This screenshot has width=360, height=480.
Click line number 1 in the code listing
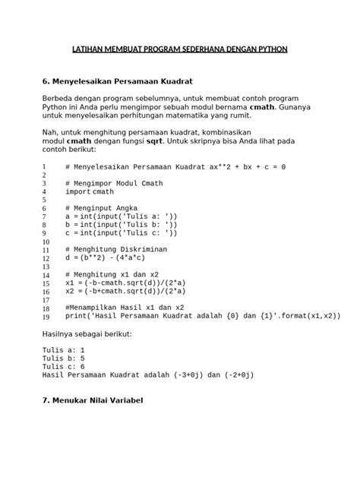(x=45, y=166)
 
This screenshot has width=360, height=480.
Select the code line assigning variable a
(x=121, y=217)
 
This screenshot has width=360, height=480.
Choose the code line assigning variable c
(x=121, y=233)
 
